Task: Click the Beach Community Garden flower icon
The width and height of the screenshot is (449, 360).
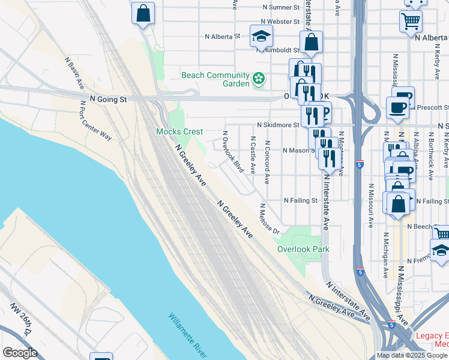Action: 259,78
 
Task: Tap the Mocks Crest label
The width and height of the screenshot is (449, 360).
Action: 179,131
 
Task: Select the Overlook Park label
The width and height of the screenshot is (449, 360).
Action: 303,249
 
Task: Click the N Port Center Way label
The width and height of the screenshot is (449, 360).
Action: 96,120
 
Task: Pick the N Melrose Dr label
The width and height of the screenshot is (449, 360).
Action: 270,220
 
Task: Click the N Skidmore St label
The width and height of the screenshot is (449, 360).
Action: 277,125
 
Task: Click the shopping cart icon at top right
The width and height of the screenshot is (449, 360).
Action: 411,22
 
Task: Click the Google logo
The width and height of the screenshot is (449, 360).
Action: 20,353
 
